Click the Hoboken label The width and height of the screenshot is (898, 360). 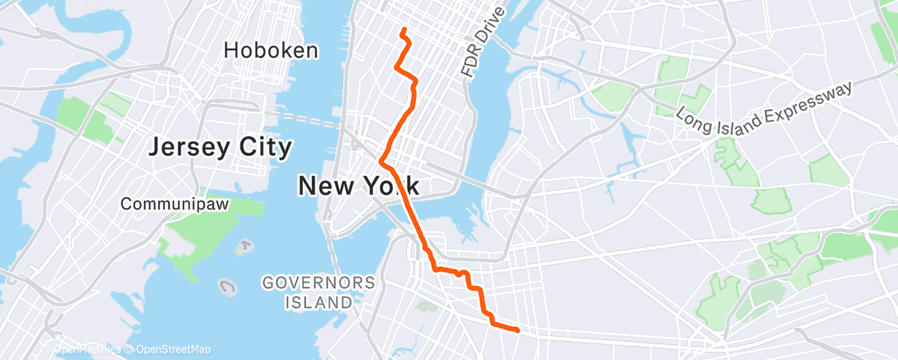(x=271, y=50)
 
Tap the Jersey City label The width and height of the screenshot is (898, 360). (x=220, y=148)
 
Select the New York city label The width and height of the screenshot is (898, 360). (x=358, y=187)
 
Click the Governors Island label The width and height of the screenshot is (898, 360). (x=318, y=292)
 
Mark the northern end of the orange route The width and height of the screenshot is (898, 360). (x=403, y=31)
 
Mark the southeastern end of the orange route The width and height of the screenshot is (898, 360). (x=517, y=330)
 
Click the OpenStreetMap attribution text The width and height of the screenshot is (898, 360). (x=170, y=349)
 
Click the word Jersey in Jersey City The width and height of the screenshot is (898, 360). (x=187, y=148)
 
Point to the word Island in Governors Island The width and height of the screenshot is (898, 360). (x=318, y=302)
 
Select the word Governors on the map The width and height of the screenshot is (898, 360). (x=318, y=283)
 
